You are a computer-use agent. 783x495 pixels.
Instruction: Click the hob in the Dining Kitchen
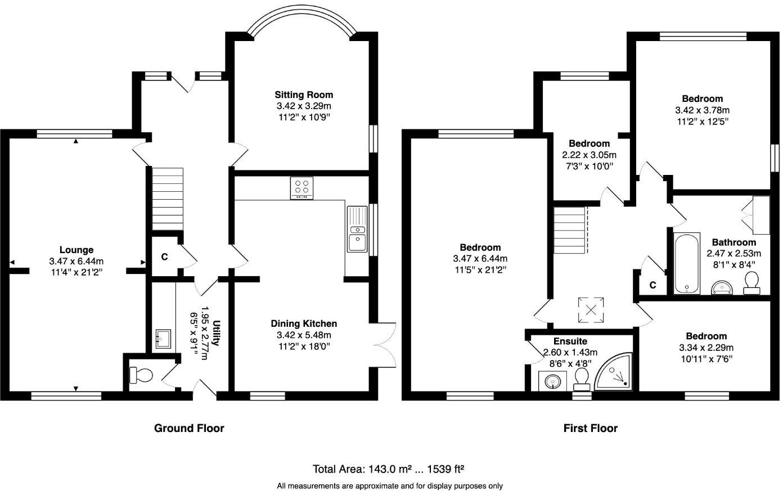point(302,188)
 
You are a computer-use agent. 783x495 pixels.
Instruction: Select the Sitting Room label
point(303,94)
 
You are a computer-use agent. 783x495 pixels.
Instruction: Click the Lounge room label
point(76,250)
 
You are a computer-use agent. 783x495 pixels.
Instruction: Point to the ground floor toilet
point(140,375)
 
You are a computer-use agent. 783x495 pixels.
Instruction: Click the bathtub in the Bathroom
point(687,263)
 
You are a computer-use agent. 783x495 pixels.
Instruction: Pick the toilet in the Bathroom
point(751,283)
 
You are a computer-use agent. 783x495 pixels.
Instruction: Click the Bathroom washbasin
point(722,288)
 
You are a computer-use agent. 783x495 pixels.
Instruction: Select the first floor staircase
point(571,231)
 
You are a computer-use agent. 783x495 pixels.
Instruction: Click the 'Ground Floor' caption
point(189,428)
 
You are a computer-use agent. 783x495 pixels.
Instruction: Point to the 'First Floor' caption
point(590,428)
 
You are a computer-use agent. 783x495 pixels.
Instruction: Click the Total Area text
point(388,469)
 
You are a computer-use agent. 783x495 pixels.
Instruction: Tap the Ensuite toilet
point(581,380)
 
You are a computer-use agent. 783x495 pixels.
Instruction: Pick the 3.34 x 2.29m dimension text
point(706,348)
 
